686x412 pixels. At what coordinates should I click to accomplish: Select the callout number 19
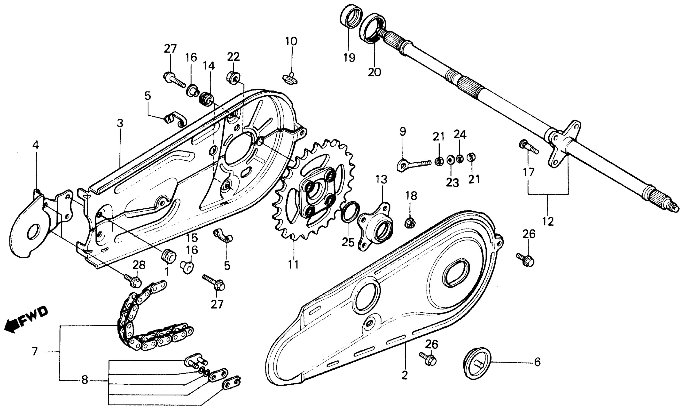tap(349, 58)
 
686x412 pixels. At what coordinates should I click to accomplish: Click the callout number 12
tap(548, 221)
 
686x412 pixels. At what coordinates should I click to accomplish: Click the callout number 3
tap(120, 123)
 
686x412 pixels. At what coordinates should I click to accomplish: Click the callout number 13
tap(382, 179)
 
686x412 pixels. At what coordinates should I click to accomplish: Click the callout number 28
tap(139, 265)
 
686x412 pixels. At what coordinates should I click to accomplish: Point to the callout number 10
tap(291, 42)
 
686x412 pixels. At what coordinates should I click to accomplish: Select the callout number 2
tap(405, 375)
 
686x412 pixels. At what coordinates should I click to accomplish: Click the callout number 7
tap(35, 351)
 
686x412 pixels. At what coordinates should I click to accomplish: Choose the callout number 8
tap(84, 380)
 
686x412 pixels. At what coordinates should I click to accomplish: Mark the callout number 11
tap(293, 264)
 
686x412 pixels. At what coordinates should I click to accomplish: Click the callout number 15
tap(192, 238)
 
